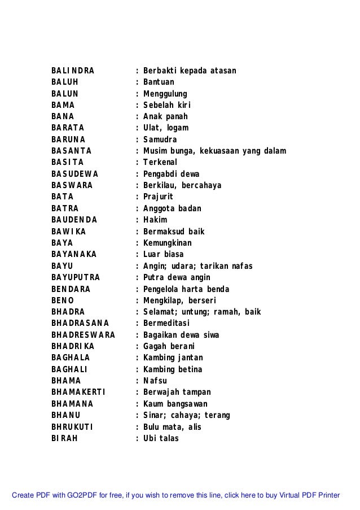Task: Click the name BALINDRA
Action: (x=73, y=71)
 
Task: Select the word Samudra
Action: (x=160, y=140)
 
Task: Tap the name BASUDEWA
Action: (x=74, y=174)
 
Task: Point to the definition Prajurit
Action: (x=158, y=197)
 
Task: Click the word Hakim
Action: (x=155, y=220)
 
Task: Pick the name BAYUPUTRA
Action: (x=76, y=277)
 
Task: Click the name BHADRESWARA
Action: (x=83, y=335)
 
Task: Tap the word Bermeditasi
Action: (x=166, y=323)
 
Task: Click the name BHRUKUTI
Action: (x=72, y=426)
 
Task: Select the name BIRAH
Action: (x=64, y=438)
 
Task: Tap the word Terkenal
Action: (x=161, y=163)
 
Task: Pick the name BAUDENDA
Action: (x=74, y=220)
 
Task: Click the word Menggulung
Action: (x=165, y=94)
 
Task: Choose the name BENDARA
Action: (x=71, y=289)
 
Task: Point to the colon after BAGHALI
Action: (x=137, y=369)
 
